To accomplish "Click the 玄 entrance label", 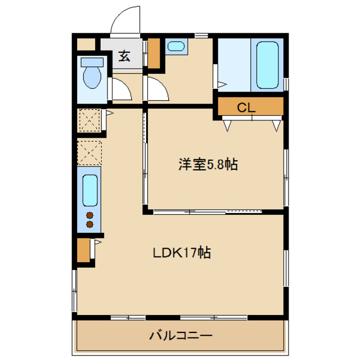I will (124, 56).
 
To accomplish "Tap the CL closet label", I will (246, 107).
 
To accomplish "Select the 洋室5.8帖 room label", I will (208, 165).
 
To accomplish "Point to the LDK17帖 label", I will (182, 253).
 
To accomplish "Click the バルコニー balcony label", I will (181, 336).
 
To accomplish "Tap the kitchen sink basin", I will (90, 190).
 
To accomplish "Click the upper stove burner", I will (89, 215).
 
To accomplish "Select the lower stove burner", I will (89, 224).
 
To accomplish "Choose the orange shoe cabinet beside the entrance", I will (154, 53).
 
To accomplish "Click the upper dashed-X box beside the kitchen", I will (89, 120).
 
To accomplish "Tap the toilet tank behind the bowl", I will (89, 62).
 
